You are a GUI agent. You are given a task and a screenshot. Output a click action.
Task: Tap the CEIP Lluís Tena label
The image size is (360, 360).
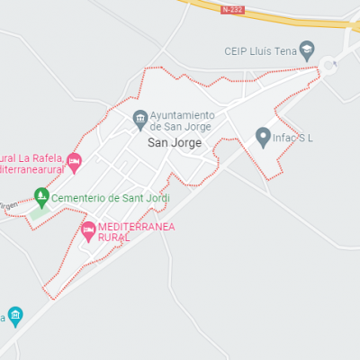(x=260, y=50)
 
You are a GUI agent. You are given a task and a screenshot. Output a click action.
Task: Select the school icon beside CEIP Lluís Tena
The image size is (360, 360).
(x=307, y=50)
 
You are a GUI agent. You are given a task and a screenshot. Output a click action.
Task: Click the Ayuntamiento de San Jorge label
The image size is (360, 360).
(x=182, y=121)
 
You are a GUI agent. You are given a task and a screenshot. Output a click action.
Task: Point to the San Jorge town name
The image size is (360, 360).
(x=175, y=142)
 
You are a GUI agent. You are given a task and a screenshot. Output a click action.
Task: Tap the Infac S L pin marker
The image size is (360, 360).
(x=263, y=137)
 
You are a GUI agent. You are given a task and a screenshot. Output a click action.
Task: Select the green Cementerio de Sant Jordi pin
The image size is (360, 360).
(x=40, y=195)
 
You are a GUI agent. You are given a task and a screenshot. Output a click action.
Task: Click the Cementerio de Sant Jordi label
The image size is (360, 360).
(x=104, y=197)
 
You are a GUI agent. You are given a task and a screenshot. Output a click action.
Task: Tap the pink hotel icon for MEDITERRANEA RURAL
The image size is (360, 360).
(x=88, y=231)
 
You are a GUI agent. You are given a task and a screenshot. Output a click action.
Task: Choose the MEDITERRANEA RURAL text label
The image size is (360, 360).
(x=135, y=232)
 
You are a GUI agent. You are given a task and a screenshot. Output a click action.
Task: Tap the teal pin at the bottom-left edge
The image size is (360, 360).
(x=14, y=317)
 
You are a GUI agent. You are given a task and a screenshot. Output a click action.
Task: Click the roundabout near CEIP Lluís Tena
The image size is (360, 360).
(x=329, y=64)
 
